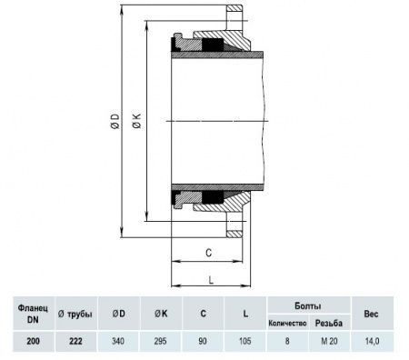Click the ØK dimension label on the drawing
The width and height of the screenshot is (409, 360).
137,123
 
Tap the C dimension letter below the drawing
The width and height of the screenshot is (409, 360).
208,252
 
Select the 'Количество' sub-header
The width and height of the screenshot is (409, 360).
287,323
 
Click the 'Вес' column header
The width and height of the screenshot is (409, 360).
372,313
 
